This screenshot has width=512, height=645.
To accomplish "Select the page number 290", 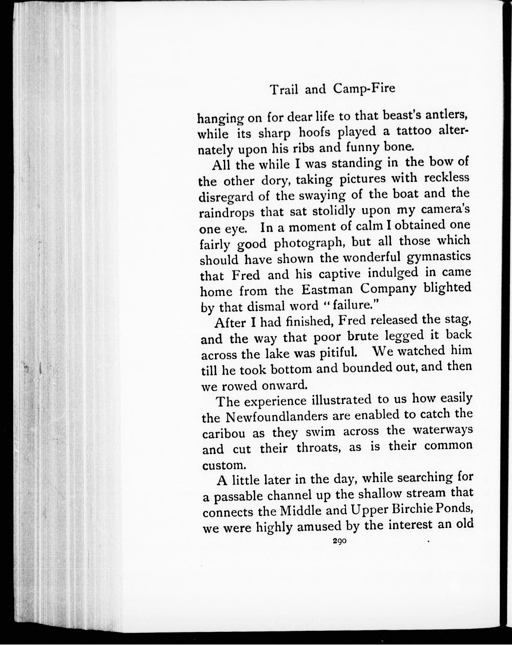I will click(338, 541).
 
